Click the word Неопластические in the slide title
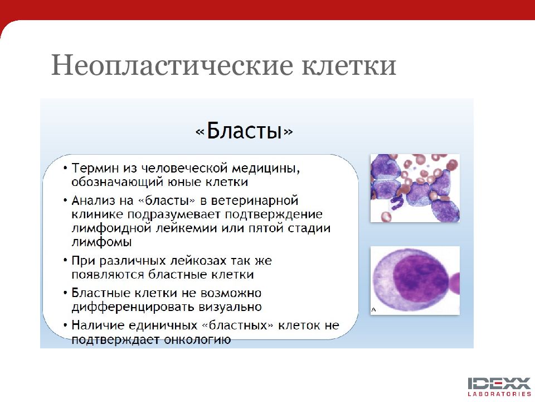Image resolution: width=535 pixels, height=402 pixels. [172, 65]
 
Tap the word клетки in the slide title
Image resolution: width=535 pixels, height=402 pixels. [349, 65]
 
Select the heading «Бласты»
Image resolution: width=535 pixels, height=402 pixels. [244, 131]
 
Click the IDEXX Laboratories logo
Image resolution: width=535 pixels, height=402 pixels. [499, 386]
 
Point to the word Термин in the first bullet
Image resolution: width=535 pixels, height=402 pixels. [95, 168]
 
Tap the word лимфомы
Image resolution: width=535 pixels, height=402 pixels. [101, 242]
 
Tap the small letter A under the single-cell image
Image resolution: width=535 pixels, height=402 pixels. [373, 310]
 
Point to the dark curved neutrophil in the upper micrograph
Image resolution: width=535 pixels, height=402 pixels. [396, 202]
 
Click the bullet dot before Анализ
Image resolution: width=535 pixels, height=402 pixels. [65, 200]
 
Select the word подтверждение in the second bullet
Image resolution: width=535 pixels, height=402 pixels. [273, 214]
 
